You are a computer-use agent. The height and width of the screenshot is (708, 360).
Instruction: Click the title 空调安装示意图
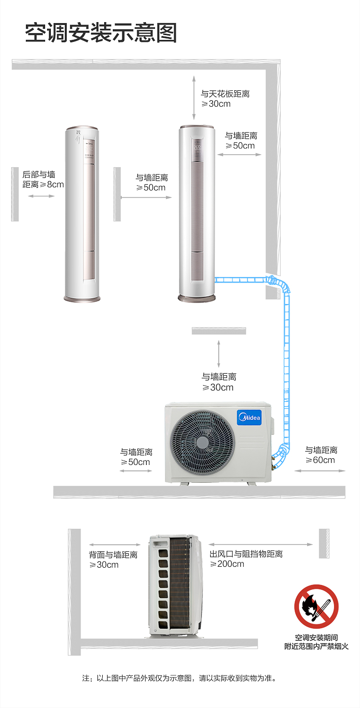(x=101, y=33)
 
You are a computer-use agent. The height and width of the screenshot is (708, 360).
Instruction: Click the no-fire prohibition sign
(x=316, y=606)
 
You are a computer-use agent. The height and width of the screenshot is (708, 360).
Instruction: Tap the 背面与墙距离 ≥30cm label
(x=113, y=559)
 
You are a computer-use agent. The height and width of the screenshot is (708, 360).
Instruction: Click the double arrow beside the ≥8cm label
(x=41, y=196)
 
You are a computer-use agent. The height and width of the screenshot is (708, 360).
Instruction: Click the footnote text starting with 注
(x=180, y=678)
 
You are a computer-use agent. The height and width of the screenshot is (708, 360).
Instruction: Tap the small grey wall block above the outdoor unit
(x=219, y=330)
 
